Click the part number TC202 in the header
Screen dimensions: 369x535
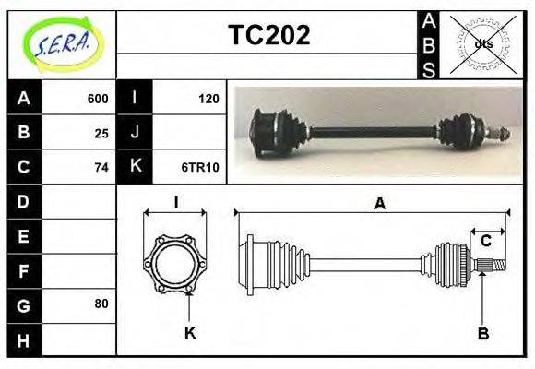tap(268, 36)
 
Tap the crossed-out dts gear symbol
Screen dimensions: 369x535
tap(482, 43)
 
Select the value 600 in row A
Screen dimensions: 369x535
tap(98, 99)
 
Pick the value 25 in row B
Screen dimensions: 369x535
tap(101, 133)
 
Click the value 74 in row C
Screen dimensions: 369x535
tap(101, 167)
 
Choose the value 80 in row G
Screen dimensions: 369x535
tap(101, 304)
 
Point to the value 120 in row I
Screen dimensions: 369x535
tap(208, 99)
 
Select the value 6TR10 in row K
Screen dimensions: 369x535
tap(200, 167)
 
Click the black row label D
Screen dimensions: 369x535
tap(24, 201)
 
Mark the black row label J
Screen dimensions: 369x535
tap(135, 133)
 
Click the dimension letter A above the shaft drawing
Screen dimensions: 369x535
tap(379, 204)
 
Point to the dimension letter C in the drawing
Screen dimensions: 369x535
tap(485, 241)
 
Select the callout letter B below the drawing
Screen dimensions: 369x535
tap(482, 333)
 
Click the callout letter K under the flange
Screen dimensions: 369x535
tap(190, 333)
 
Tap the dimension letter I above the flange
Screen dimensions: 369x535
tap(175, 202)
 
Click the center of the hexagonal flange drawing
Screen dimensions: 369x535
tap(175, 264)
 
